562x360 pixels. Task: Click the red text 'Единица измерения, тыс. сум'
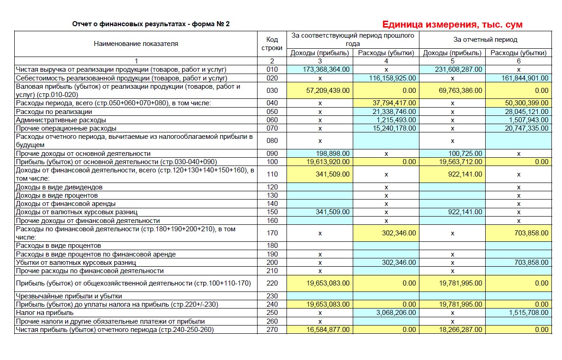(452, 24)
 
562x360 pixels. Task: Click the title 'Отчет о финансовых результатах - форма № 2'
(151, 24)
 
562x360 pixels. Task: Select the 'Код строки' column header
(272, 44)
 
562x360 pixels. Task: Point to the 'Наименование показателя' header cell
(136, 44)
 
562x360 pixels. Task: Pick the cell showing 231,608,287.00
(459, 69)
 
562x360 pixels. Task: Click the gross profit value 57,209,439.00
(328, 91)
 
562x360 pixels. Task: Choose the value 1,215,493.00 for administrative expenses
(396, 120)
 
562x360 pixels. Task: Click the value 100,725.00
(465, 154)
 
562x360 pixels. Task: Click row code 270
(272, 330)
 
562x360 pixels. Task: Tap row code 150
(272, 212)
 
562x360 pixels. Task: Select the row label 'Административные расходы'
(54, 120)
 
